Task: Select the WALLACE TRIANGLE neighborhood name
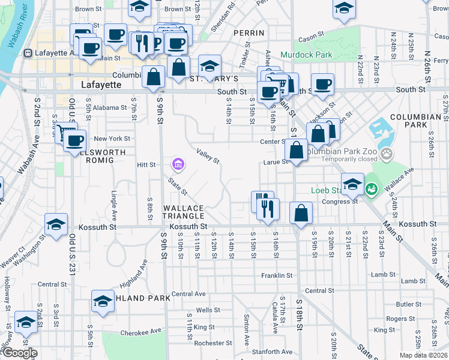pos(184,212)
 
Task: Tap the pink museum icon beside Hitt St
pos(177,164)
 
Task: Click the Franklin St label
pos(277,276)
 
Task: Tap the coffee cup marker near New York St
pos(75,141)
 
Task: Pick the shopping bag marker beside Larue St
pos(297,151)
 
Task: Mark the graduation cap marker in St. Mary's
pos(209,66)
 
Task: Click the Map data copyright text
pos(423,355)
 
